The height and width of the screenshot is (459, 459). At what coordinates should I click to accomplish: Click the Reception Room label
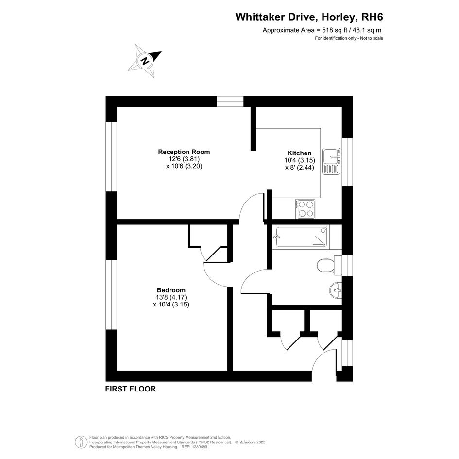click(x=184, y=152)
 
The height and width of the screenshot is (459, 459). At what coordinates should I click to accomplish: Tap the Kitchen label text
click(x=300, y=153)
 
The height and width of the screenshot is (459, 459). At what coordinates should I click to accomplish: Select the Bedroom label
click(x=171, y=290)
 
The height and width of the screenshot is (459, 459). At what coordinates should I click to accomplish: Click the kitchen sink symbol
click(x=331, y=161)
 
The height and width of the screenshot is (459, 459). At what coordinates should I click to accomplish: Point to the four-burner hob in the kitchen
click(x=306, y=209)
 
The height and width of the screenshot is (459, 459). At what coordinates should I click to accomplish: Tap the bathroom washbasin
click(x=336, y=290)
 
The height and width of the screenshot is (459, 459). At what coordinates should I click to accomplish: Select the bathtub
click(x=301, y=237)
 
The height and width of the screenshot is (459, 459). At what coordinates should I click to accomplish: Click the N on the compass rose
click(x=145, y=61)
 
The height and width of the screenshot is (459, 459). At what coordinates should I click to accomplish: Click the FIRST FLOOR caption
click(x=131, y=389)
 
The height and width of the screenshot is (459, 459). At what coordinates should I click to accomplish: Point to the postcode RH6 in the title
click(x=373, y=17)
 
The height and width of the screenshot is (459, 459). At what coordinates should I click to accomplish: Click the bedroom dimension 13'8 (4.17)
click(x=171, y=297)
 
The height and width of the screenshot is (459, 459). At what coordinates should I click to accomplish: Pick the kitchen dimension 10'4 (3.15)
click(x=300, y=160)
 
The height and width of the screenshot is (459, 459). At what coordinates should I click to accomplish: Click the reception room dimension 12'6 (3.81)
click(x=184, y=159)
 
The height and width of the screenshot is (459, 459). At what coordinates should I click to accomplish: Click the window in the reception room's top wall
click(x=230, y=102)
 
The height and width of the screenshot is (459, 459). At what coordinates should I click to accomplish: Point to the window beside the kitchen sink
click(x=347, y=162)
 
